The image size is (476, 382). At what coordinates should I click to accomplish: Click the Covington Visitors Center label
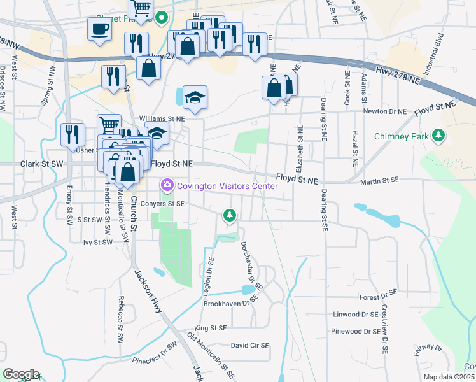coord(227,186)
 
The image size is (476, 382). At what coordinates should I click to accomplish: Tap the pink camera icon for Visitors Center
coord(167,185)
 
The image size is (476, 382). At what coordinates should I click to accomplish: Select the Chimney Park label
coord(401,136)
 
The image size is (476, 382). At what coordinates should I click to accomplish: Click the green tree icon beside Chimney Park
coord(438,135)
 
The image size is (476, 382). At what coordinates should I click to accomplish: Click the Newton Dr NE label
coord(384,111)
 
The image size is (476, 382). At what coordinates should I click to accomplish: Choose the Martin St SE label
coord(379,183)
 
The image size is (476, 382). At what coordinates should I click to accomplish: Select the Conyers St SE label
coord(163,204)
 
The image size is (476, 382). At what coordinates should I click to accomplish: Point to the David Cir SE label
coord(249,345)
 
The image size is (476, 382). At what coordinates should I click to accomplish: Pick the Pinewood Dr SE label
coord(355,331)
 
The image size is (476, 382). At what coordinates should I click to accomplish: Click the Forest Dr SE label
coord(378,297)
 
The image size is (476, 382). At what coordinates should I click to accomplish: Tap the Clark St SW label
coord(42,164)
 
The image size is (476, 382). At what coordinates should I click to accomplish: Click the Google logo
coord(21,374)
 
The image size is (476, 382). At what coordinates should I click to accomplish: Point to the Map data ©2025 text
coord(449,377)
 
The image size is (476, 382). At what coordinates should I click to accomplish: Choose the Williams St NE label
coord(162,118)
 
